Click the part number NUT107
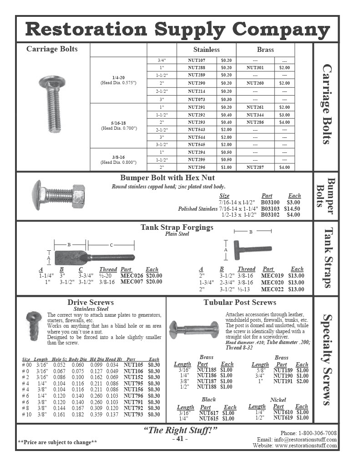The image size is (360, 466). [197, 60]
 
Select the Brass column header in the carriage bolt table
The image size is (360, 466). [265, 49]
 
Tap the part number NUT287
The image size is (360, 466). [255, 167]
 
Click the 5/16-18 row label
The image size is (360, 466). [118, 122]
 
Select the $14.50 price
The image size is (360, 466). [292, 208]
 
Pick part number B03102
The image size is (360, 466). [270, 215]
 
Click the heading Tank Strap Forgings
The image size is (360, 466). [177, 227]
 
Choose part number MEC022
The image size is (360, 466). [273, 289]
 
